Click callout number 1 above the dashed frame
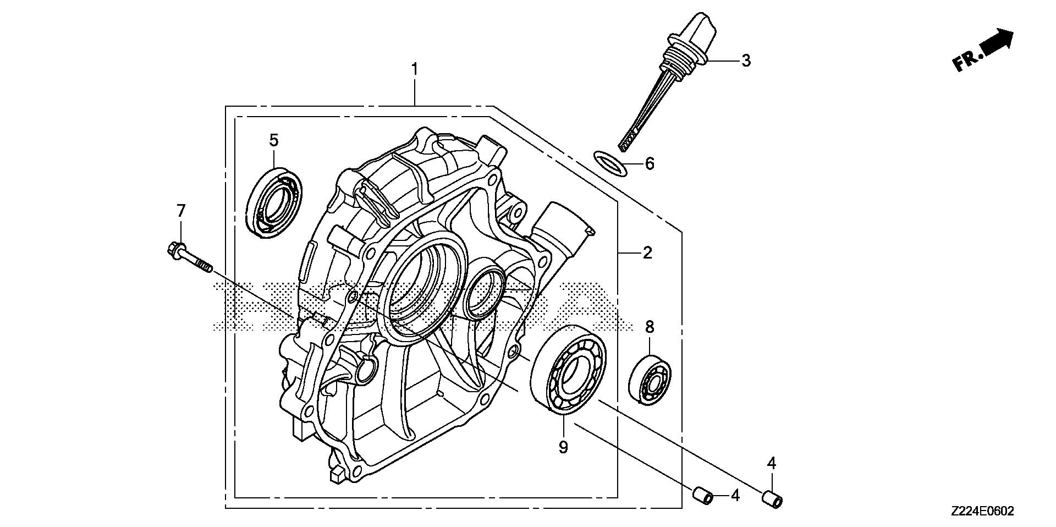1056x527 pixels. pyautogui.click(x=415, y=70)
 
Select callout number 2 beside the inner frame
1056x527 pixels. pyautogui.click(x=647, y=253)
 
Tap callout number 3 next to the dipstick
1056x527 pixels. pyautogui.click(x=745, y=61)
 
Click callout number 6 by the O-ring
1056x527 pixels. pyautogui.click(x=650, y=163)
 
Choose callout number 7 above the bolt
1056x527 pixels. pyautogui.click(x=181, y=210)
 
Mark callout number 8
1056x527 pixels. pyautogui.click(x=650, y=327)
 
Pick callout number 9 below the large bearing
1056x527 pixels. pyautogui.click(x=563, y=448)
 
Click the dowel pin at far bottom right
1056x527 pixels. pyautogui.click(x=772, y=500)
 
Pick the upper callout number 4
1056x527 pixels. pyautogui.click(x=772, y=464)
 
